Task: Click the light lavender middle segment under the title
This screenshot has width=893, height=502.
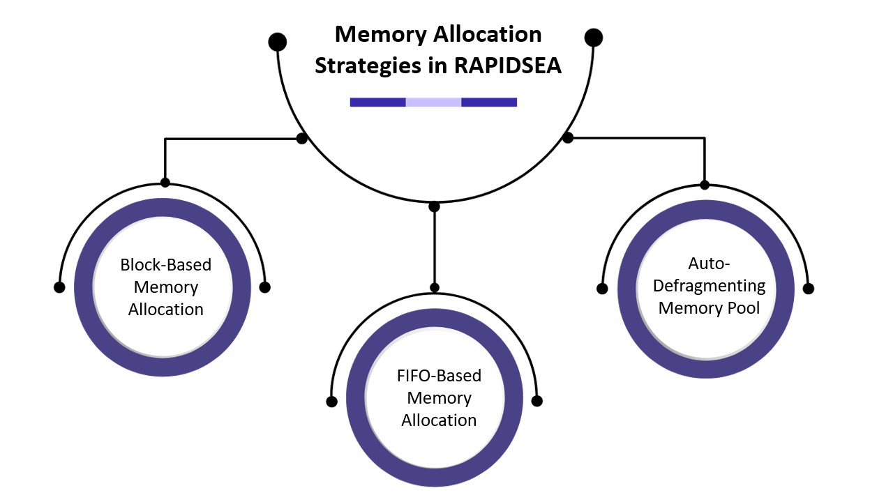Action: pyautogui.click(x=433, y=102)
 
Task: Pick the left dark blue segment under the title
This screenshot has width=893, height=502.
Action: pyautogui.click(x=377, y=102)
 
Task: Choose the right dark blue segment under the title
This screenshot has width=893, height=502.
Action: pyautogui.click(x=489, y=102)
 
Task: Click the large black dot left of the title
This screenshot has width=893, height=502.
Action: pyautogui.click(x=278, y=42)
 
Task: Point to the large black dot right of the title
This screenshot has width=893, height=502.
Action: pyautogui.click(x=593, y=37)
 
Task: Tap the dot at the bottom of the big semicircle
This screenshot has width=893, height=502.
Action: pyautogui.click(x=434, y=206)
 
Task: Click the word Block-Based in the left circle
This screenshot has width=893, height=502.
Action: pyautogui.click(x=165, y=265)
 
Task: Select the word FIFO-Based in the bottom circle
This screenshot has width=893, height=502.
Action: pyautogui.click(x=439, y=376)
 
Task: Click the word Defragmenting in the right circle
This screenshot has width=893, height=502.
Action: pyautogui.click(x=709, y=285)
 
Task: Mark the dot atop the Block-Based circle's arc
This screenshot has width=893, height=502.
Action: pyautogui.click(x=165, y=183)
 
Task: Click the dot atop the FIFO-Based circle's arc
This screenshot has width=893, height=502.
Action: pyautogui.click(x=435, y=287)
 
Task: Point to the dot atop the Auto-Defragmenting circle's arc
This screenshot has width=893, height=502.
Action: pyautogui.click(x=705, y=185)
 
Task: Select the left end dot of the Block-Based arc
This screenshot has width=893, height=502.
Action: pyautogui.click(x=59, y=287)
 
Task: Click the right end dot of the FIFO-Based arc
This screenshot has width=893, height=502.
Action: pyautogui.click(x=536, y=401)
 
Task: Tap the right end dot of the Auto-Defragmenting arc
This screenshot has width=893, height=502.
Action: pyautogui.click(x=808, y=288)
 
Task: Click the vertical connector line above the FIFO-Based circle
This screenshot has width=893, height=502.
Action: pyautogui.click(x=435, y=248)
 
